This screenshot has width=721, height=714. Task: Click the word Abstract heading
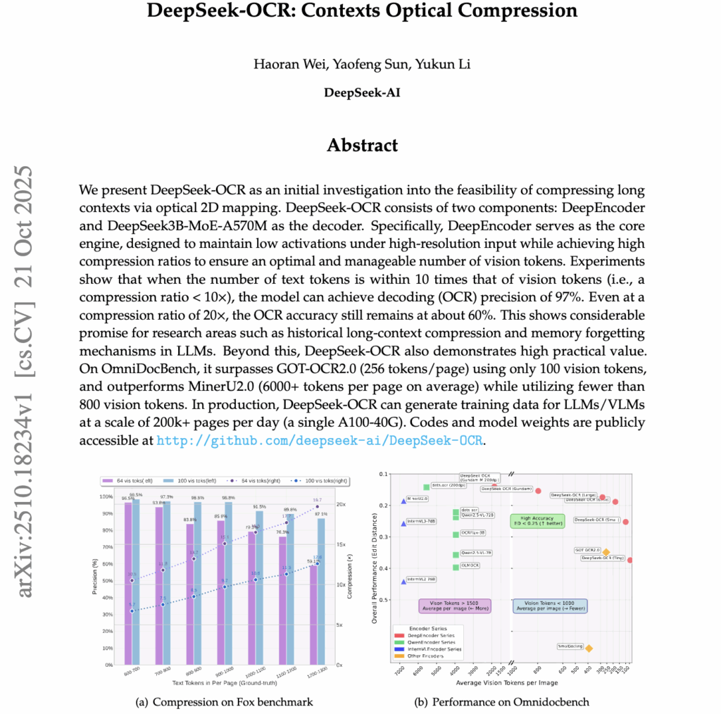tap(362, 145)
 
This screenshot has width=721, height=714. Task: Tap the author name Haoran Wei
tap(284, 65)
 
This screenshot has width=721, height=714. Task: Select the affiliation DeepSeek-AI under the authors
tap(362, 92)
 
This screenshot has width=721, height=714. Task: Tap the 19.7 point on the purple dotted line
tap(317, 506)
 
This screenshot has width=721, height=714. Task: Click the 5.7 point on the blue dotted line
tap(132, 610)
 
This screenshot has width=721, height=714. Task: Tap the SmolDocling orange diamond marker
tap(589, 649)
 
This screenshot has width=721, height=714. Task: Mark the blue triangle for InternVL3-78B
tap(403, 523)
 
